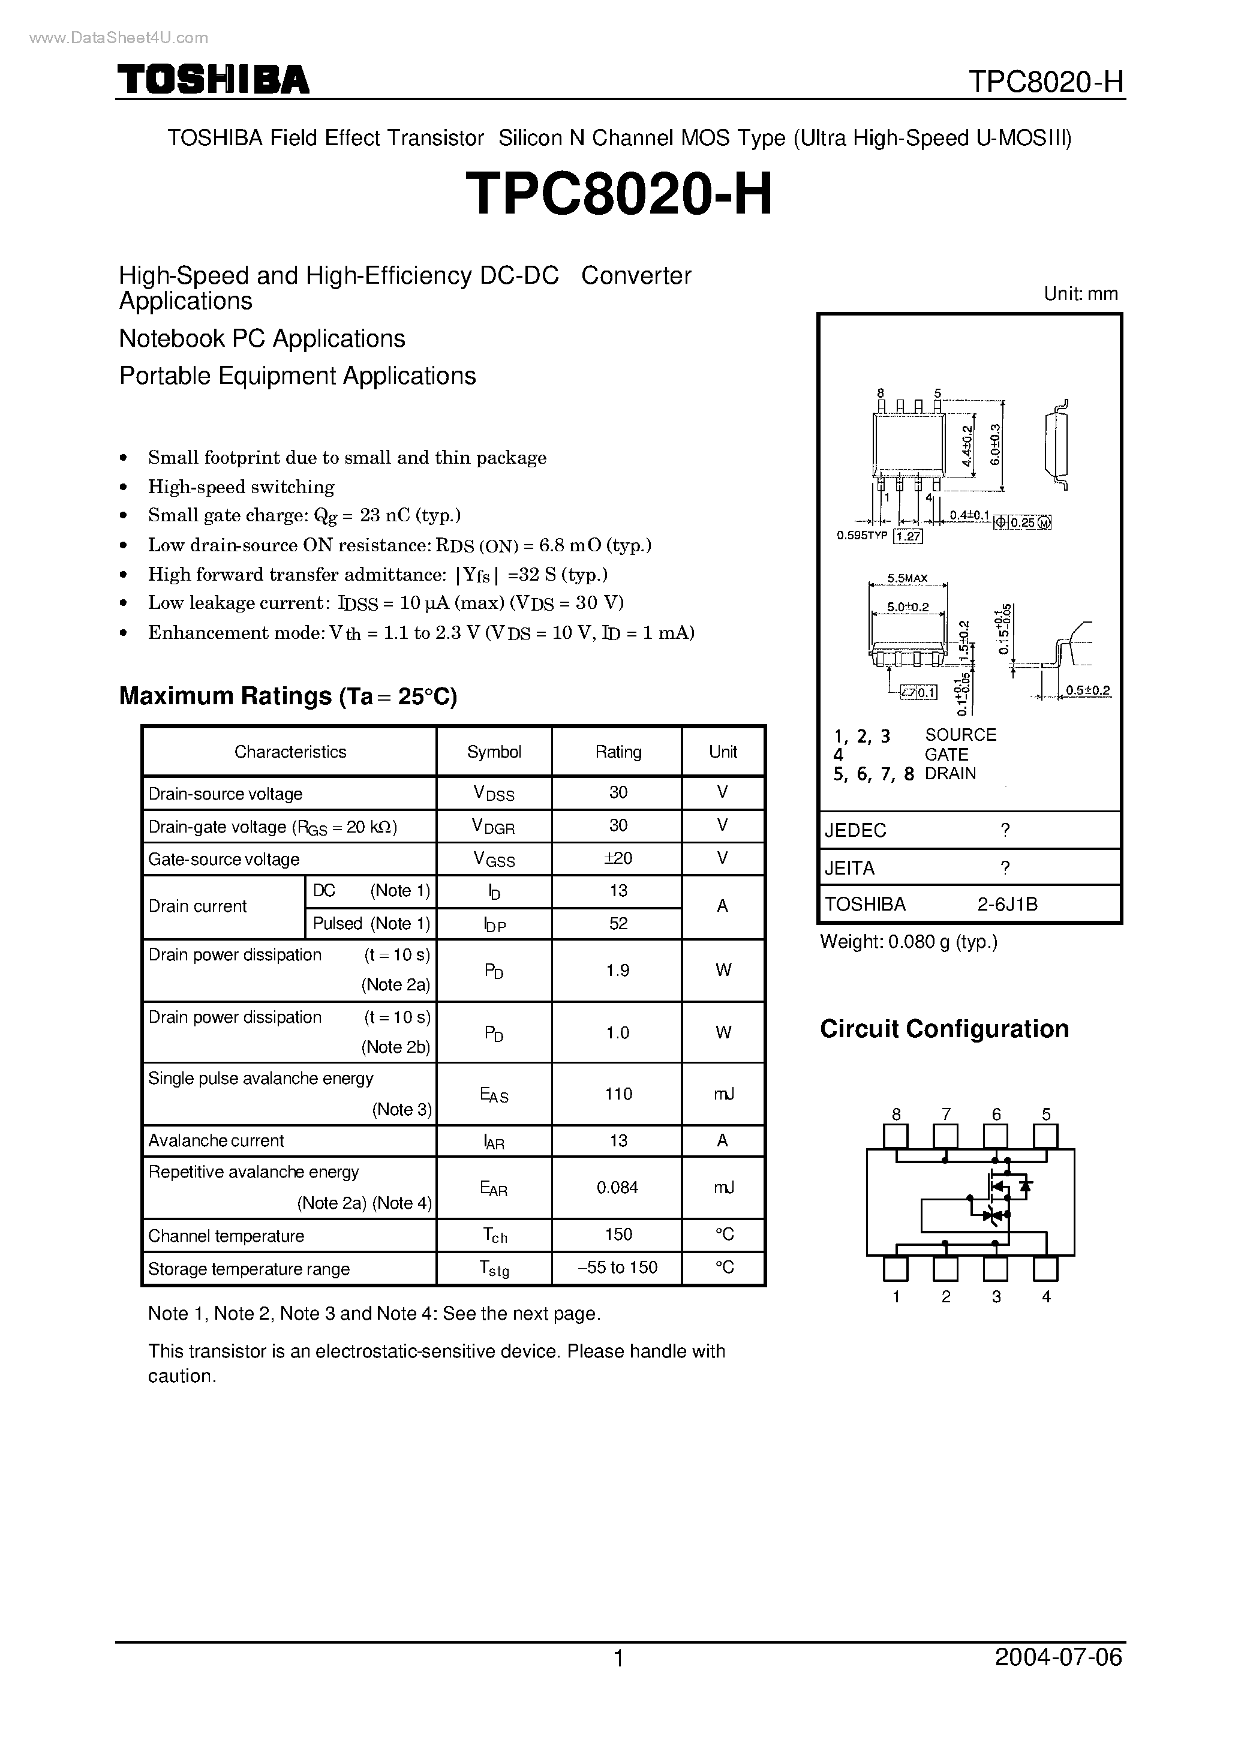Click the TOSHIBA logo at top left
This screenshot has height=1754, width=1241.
coord(212,80)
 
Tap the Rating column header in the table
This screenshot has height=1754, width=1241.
coord(617,752)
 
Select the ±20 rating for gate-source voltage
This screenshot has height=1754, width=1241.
coord(617,858)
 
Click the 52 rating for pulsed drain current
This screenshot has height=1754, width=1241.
coord(617,923)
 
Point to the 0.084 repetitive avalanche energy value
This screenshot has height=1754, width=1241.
coord(617,1188)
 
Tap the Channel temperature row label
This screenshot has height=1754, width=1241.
coord(226,1236)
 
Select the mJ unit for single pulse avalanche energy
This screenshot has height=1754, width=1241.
coord(723,1094)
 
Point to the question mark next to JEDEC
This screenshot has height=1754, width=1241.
coord(1005,831)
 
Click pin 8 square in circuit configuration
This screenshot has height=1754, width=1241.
coord(896,1137)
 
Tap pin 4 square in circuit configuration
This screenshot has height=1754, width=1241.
coord(1045,1269)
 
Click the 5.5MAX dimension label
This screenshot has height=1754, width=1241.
coord(907,578)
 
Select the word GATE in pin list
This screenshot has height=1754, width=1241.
coord(946,755)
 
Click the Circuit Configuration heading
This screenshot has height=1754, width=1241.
coord(943,1029)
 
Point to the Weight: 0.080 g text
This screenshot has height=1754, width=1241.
coord(909,942)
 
